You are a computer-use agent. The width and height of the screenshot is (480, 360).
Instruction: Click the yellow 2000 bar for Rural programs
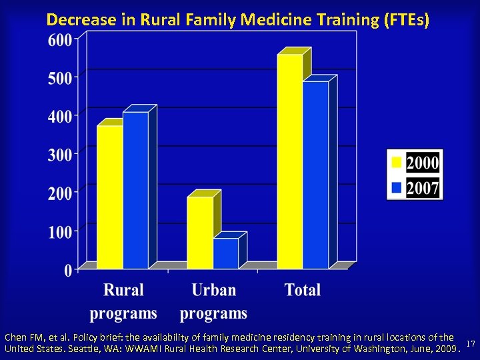(110, 197)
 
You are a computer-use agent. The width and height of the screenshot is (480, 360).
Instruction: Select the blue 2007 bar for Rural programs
(135, 190)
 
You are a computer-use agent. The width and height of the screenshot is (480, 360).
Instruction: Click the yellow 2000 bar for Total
(290, 161)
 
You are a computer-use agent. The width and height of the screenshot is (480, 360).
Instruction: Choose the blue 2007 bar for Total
(315, 175)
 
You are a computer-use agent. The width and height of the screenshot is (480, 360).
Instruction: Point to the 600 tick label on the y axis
(60, 39)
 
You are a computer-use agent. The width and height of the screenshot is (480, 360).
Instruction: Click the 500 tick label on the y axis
(60, 78)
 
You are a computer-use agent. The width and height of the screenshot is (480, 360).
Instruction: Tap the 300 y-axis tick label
(60, 155)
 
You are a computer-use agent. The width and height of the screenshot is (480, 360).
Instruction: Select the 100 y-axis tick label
(60, 232)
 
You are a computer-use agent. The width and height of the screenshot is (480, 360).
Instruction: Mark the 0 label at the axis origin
(68, 270)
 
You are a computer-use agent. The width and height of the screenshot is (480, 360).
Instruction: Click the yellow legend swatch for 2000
(396, 162)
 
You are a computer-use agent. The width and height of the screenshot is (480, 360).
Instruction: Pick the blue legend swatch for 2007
(396, 188)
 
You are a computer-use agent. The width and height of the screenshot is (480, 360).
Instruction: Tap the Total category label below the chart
(303, 290)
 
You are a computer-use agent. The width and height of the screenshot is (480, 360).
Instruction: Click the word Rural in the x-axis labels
(123, 290)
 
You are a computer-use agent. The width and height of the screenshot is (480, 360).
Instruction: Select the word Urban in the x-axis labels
(213, 290)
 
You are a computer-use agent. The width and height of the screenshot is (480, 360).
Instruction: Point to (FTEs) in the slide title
(409, 20)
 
